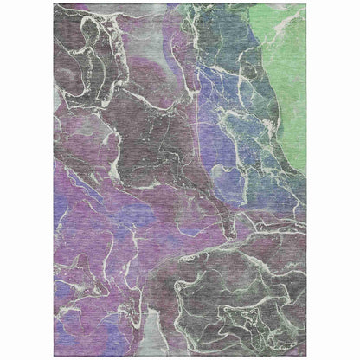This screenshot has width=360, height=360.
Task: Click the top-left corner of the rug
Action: click(55, 4)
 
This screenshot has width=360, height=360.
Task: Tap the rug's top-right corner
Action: click(305, 4)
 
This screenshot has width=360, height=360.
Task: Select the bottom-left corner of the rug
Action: click(55, 356)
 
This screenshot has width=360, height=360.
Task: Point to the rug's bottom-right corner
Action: click(305, 356)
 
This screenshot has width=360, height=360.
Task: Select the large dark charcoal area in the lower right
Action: click(234, 303)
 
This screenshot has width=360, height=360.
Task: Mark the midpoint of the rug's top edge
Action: click(180, 4)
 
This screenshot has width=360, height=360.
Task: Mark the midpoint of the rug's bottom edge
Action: click(180, 356)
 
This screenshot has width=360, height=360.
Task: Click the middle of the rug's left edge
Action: click(55, 180)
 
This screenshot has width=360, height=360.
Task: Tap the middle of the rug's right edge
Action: click(305, 180)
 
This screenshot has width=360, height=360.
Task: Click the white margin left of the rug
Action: click(26, 180)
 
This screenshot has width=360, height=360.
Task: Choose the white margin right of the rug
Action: click(333, 180)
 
